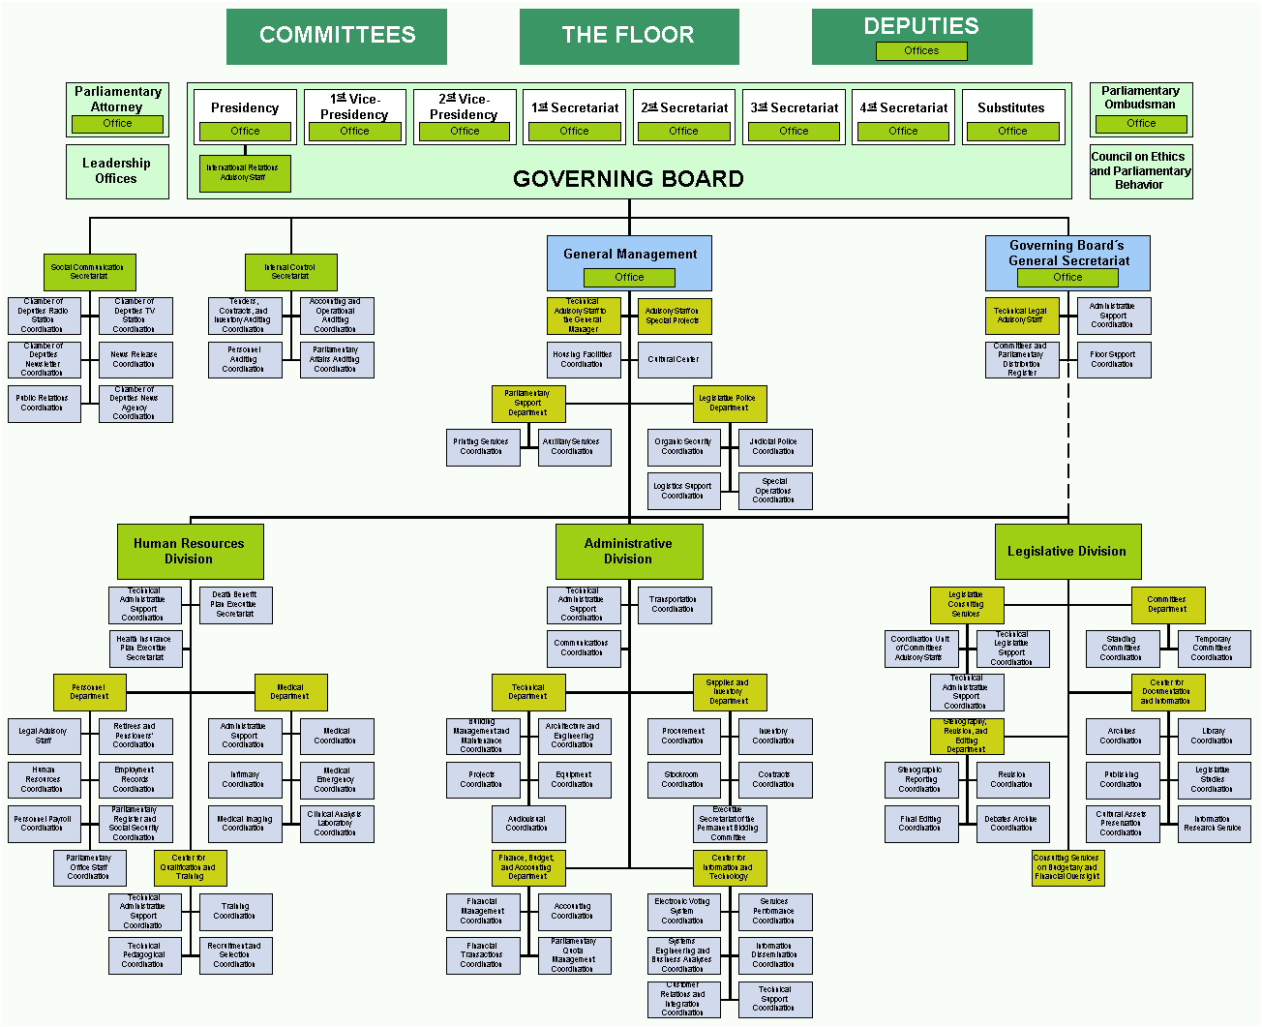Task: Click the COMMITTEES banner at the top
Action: point(337,36)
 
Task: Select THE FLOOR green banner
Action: point(628,36)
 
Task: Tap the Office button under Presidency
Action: point(245,131)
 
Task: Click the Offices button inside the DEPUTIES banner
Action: point(920,50)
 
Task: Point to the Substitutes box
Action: point(1011,107)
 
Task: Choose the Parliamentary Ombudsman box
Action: point(1140,99)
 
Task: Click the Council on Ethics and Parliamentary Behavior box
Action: point(1140,171)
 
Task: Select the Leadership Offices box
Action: point(116,171)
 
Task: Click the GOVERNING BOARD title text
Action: point(628,179)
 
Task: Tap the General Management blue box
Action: point(629,255)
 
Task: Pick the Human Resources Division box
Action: point(189,551)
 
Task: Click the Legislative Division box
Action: point(1067,551)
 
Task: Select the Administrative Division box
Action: point(628,551)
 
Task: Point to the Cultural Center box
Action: point(674,359)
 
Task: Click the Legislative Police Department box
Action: point(728,403)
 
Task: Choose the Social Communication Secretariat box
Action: point(88,272)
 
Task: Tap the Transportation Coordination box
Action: point(674,604)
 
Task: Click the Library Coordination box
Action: point(1213,736)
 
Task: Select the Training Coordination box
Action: point(235,911)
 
